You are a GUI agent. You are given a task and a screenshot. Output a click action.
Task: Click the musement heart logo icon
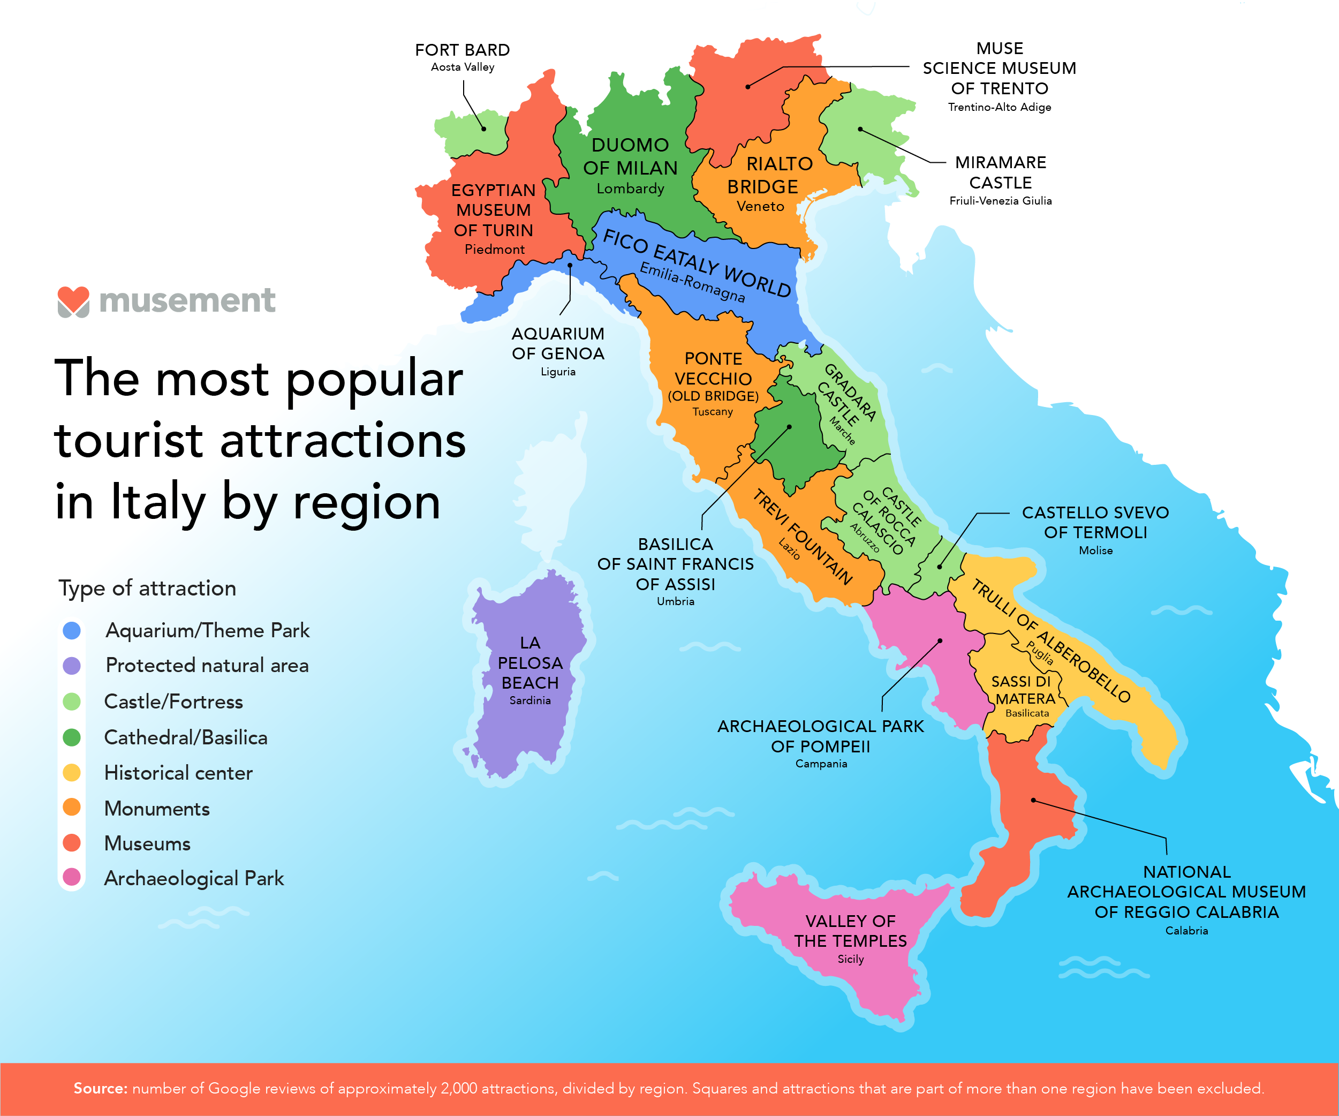coord(73,301)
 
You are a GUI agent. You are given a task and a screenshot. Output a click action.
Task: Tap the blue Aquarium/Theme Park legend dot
coord(72,631)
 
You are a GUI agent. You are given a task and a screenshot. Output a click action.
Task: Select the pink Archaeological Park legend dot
coord(72,878)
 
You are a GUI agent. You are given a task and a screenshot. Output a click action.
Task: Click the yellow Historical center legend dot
coord(72,773)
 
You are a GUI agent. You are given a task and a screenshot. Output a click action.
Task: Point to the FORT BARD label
coord(462,50)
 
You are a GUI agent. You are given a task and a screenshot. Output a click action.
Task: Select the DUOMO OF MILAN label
coord(630,156)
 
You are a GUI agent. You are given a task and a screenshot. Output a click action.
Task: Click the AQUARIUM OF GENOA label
coord(558,344)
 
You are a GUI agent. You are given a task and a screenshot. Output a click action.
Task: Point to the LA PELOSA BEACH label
coord(530,662)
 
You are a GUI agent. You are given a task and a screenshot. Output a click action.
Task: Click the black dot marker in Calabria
coord(1034,800)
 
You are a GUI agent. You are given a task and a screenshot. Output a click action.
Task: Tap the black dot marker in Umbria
coord(789,427)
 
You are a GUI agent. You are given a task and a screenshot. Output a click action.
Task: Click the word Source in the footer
coord(100,1088)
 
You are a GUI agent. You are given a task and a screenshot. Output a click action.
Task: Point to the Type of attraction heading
coord(147,588)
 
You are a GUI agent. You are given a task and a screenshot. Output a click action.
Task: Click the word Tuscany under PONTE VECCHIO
coord(712,412)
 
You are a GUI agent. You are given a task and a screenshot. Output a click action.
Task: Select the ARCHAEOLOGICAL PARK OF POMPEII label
coord(820,736)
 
